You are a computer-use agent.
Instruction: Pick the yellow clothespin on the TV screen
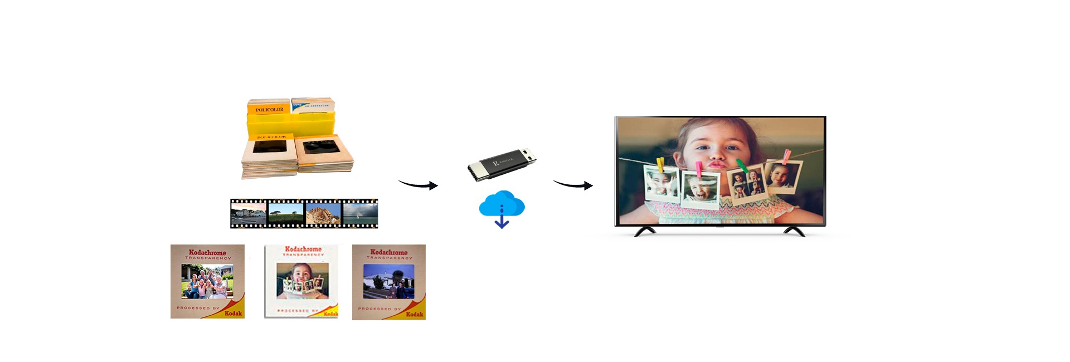point(660,164)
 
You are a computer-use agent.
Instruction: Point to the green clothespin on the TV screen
point(742,165)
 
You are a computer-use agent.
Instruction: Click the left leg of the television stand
point(645,231)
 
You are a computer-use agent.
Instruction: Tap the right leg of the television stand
point(794,231)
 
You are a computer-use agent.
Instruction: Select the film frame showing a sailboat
point(359,214)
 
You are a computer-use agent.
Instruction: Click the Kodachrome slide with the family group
point(207,281)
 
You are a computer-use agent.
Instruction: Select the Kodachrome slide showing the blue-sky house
point(389,282)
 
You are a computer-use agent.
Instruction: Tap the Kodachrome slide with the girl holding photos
point(301,281)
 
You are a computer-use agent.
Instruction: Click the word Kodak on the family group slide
point(233,314)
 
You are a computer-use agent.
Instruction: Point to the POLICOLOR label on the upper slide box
point(269,110)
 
